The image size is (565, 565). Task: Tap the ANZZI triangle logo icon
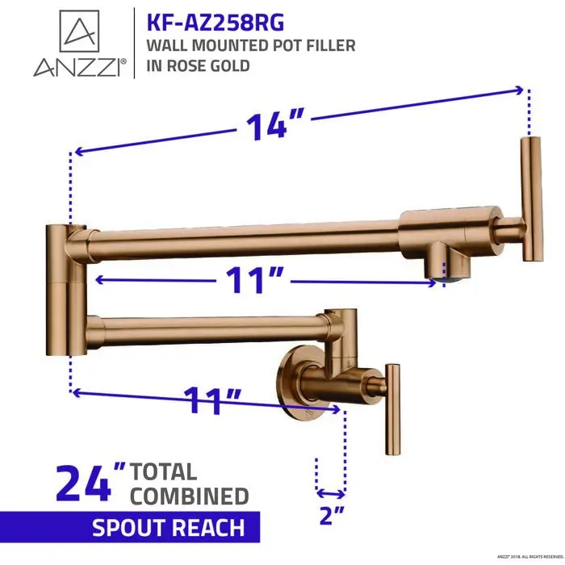tap(79, 31)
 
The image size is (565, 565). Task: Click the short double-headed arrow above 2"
tap(331, 492)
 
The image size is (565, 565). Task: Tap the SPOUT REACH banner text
tap(168, 529)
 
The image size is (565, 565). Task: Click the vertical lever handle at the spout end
tap(530, 199)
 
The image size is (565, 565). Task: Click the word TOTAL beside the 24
tap(164, 471)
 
